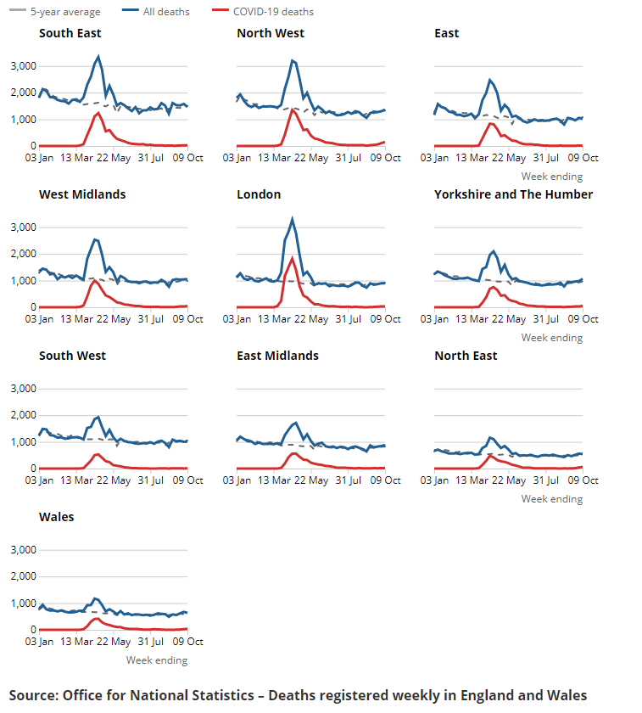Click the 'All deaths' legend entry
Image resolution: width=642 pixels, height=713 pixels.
pyautogui.click(x=166, y=12)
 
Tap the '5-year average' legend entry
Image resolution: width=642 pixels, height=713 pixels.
pyautogui.click(x=65, y=12)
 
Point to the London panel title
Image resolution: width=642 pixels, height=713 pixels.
pyautogui.click(x=259, y=194)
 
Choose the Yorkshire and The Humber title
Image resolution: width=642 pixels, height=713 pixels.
pyautogui.click(x=513, y=194)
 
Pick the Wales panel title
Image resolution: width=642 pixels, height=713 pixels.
pyautogui.click(x=57, y=517)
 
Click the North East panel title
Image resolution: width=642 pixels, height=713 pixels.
pyautogui.click(x=466, y=356)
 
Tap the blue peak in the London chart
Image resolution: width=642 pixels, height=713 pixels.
pyautogui.click(x=293, y=219)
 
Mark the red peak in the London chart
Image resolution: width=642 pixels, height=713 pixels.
pyautogui.click(x=293, y=258)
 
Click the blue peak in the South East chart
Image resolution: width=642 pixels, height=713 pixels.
pyautogui.click(x=98, y=57)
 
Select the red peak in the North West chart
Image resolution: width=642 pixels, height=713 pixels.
pyautogui.click(x=293, y=109)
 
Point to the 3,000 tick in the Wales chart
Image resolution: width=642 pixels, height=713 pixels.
pyautogui.click(x=21, y=550)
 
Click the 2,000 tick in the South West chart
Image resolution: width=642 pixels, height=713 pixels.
pyautogui.click(x=21, y=416)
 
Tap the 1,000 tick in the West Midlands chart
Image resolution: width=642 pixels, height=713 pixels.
pyautogui.click(x=21, y=281)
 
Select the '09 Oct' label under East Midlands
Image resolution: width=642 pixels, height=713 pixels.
pyautogui.click(x=387, y=480)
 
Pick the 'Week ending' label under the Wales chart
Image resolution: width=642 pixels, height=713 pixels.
pyautogui.click(x=157, y=660)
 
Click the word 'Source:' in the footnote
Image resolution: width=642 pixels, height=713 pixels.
pyautogui.click(x=33, y=695)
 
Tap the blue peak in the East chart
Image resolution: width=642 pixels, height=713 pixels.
pyautogui.click(x=489, y=80)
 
